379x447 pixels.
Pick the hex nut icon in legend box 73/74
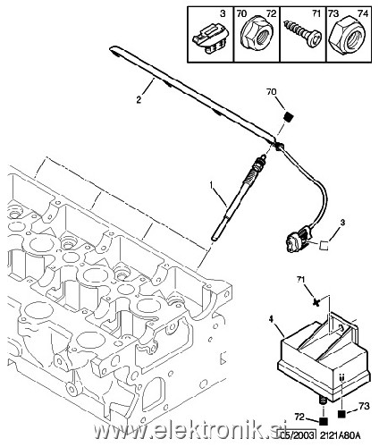(x=350, y=39)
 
